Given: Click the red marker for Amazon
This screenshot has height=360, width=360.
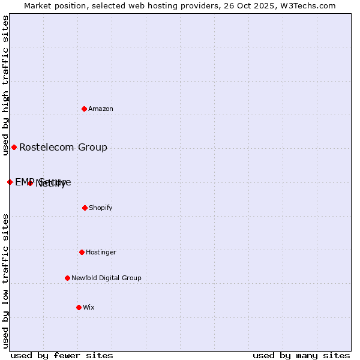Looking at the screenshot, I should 85,109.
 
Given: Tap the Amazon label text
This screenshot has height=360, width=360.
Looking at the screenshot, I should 101,109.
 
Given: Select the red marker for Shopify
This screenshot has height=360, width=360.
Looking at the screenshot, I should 85,208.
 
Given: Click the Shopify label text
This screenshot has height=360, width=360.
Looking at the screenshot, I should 101,208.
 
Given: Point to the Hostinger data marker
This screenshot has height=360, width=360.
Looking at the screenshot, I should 82,252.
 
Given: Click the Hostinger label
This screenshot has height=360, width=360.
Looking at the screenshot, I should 101,253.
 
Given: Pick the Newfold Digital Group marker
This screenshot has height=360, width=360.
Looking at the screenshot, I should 67,278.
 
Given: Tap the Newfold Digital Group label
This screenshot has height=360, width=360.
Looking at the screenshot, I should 106,278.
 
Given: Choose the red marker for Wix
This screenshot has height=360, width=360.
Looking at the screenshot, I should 79,307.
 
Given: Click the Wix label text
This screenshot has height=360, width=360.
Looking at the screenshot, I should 89,308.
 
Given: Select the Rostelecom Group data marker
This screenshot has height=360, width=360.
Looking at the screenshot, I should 14,147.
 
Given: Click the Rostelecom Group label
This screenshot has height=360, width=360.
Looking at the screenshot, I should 63,148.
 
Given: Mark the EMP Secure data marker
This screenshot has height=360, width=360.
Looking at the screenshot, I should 10,182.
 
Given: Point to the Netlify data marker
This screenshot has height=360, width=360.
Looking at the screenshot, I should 30,183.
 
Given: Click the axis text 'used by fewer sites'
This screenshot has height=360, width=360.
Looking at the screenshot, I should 62,355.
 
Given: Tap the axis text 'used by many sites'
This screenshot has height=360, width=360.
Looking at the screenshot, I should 301,355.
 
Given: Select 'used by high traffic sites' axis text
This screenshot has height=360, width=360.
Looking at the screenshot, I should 5,82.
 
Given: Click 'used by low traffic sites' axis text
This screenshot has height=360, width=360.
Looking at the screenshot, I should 5,281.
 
